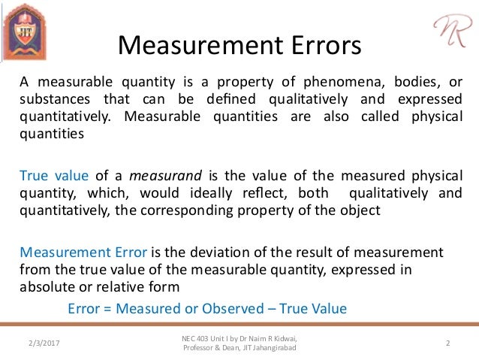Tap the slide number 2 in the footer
[x=447, y=343]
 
